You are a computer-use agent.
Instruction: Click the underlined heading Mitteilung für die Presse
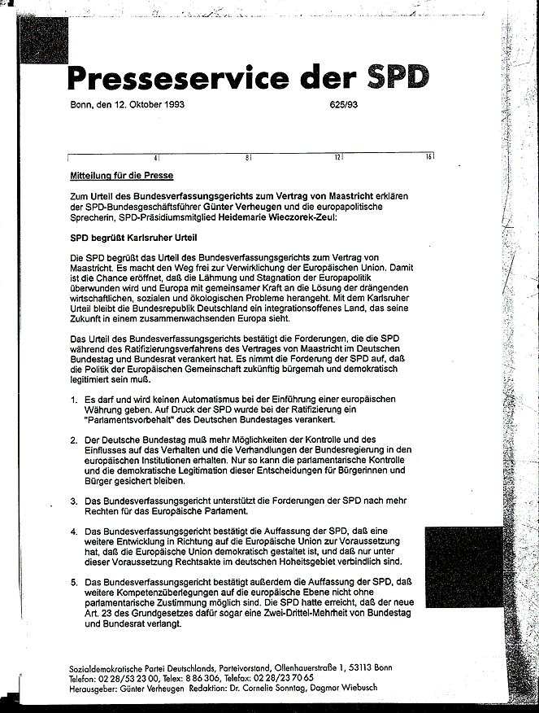point(122,175)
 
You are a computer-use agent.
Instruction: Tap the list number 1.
point(73,399)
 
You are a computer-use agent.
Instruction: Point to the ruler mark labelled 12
point(337,156)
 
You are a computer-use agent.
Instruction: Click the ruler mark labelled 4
point(155,156)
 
